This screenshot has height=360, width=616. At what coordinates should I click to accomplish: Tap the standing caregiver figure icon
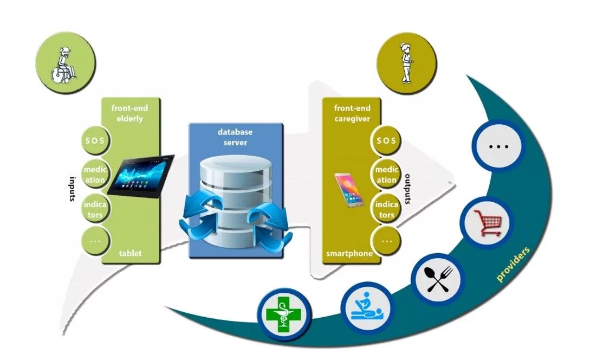[406, 62]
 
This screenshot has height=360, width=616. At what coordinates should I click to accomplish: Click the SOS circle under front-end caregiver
[387, 141]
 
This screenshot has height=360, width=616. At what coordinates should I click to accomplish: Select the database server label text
[235, 137]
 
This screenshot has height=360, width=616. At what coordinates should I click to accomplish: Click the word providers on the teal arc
[514, 264]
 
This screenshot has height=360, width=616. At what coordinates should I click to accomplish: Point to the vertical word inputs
[71, 188]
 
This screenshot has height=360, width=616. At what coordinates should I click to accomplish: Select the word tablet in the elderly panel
[131, 253]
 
